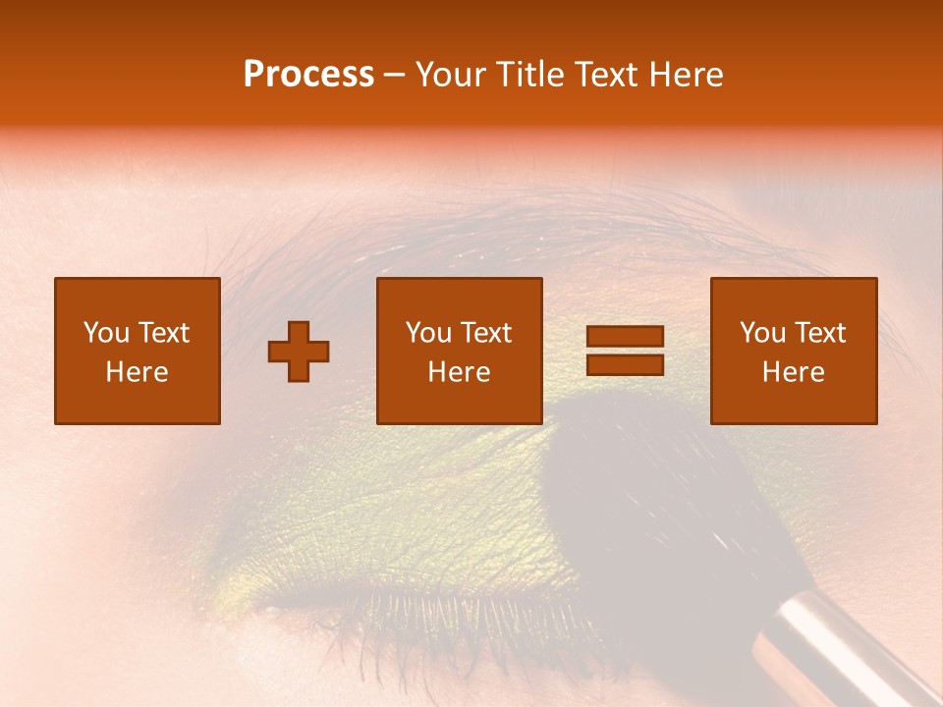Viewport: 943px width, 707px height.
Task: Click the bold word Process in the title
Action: click(x=308, y=75)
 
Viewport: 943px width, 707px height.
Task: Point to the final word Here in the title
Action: click(x=685, y=75)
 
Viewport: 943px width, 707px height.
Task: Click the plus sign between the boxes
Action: click(x=299, y=352)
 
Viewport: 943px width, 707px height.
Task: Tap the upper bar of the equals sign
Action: click(x=625, y=337)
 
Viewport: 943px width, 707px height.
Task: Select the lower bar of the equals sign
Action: click(x=625, y=364)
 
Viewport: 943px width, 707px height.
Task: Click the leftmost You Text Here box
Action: click(x=137, y=351)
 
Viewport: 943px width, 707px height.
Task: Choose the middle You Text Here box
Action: click(x=459, y=351)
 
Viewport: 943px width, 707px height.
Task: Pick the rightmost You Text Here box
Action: click(x=793, y=351)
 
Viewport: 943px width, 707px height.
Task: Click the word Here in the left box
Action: click(x=137, y=372)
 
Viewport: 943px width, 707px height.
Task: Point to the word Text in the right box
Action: click(x=822, y=333)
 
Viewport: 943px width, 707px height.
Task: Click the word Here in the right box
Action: click(x=793, y=372)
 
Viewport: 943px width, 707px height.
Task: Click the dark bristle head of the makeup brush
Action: click(x=648, y=491)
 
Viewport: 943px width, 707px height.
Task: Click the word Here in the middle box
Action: click(x=459, y=372)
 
